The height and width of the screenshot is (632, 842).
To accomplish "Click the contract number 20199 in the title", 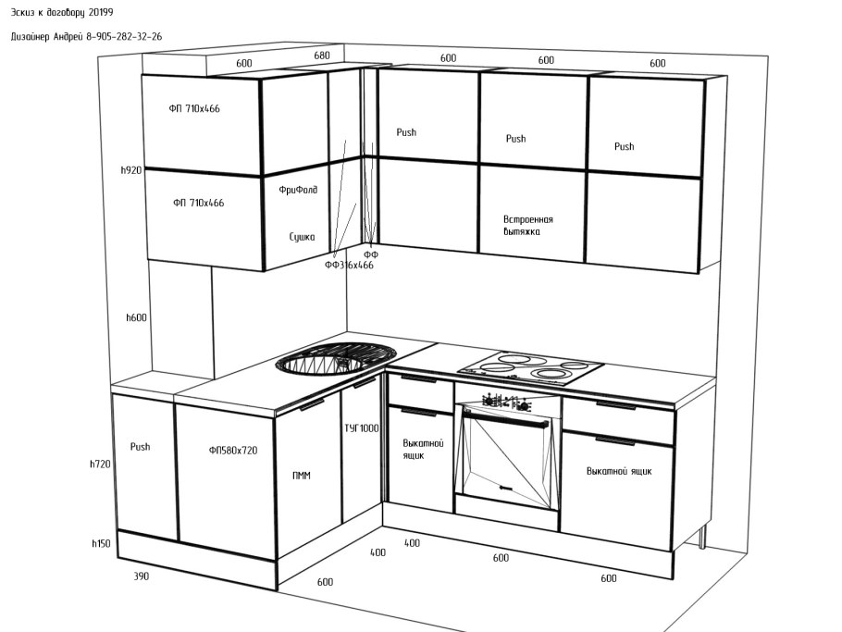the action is pos(101,12).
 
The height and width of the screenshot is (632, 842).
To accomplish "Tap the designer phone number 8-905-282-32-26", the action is pos(124,36).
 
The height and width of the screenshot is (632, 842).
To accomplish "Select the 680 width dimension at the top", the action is pos(322,56).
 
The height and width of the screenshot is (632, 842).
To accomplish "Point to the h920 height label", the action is pos(131,170).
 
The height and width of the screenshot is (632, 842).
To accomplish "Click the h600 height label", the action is pos(136,317).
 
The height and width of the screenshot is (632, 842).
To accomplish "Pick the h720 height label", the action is pos(101,464).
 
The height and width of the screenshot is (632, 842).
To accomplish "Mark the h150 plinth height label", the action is pos(101,543).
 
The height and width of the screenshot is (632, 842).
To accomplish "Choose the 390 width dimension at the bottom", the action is pos(142,576).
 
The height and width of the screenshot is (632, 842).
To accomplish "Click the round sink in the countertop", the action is pos(336,359).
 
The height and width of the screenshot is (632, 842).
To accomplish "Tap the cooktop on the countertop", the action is pos(531,367).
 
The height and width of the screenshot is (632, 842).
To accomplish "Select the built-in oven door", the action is pos(507,460).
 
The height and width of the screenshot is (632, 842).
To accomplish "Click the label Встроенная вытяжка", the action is pos(527,226).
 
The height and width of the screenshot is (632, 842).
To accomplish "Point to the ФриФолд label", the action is pos(298,190).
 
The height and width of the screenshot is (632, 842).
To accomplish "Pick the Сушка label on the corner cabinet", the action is pos(302,237).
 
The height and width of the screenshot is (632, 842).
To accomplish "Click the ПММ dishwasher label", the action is pos(302,476).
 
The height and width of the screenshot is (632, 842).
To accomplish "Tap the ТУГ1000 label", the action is pos(362,428).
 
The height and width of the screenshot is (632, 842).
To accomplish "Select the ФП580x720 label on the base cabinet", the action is pos(233,450).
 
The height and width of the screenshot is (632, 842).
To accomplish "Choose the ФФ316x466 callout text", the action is pos(349,265).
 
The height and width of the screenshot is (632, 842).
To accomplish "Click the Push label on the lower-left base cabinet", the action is pos(140,446).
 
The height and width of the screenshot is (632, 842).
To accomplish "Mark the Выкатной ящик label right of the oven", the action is pos(619,471).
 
